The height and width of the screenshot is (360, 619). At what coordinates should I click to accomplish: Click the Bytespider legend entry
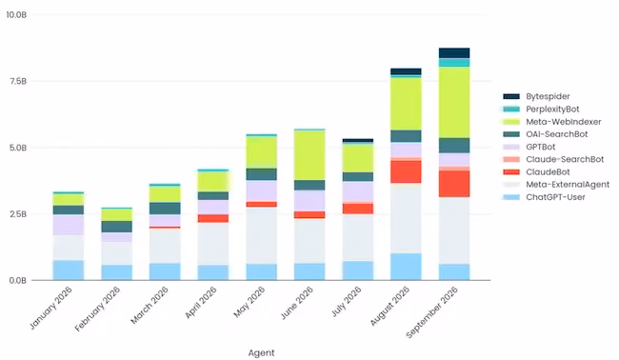coord(536,96)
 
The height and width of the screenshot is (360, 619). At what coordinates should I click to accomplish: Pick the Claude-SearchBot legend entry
coord(553,159)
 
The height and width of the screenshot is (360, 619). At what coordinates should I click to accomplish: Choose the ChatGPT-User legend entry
coord(544,197)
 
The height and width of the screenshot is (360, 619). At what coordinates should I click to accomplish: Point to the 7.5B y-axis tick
coord(17,81)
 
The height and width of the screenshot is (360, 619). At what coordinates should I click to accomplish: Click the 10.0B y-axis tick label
coord(16,15)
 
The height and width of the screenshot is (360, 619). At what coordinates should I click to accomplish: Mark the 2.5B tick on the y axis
coord(17,214)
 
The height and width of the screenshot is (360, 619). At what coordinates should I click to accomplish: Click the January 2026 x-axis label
coord(50,308)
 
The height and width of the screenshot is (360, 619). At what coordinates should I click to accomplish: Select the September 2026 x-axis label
coord(432,312)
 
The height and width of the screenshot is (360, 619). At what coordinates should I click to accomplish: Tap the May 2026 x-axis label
coord(250,302)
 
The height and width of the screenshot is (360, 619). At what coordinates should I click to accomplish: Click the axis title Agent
coord(261,353)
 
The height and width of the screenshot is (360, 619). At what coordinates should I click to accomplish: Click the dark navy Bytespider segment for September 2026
coord(454,53)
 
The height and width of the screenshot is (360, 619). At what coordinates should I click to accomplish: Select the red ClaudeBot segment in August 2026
coord(406,171)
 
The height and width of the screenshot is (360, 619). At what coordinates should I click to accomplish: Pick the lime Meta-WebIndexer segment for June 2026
coord(309,155)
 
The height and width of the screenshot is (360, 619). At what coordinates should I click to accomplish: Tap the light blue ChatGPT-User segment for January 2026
coord(69,270)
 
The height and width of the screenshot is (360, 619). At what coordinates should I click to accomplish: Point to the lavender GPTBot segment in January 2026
coord(69,225)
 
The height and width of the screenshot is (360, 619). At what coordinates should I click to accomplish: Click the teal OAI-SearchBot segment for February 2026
coord(117,227)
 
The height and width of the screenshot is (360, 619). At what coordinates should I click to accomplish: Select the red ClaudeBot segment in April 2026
coord(213,219)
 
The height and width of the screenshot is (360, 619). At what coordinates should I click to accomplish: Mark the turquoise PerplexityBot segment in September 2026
coord(454,63)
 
